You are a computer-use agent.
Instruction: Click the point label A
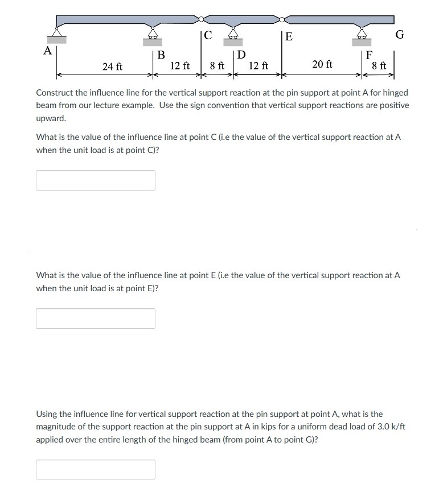tap(48, 51)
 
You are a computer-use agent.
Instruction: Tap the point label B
tap(161, 56)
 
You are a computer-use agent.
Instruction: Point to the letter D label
tap(241, 56)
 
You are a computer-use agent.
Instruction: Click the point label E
tap(289, 38)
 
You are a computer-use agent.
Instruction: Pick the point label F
tap(369, 56)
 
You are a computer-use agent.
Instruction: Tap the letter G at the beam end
tap(400, 35)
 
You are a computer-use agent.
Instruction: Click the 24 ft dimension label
tap(112, 67)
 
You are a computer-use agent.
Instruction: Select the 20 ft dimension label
tap(322, 64)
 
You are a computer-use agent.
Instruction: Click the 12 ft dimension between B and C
tap(180, 66)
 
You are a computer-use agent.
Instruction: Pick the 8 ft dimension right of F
tap(379, 66)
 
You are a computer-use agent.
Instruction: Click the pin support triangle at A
tap(56, 32)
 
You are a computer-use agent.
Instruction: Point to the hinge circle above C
tap(201, 18)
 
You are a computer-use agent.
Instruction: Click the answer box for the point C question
tap(96, 180)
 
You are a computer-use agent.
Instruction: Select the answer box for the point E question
tap(96, 319)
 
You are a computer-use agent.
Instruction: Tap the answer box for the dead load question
tap(96, 469)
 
